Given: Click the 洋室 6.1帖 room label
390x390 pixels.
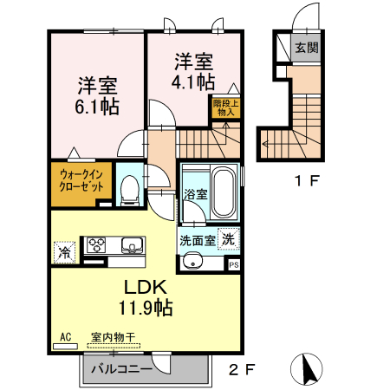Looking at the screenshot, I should pyautogui.click(x=97, y=96).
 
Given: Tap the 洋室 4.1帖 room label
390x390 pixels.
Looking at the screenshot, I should pyautogui.click(x=194, y=72).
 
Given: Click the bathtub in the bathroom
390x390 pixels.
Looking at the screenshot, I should pyautogui.click(x=223, y=192).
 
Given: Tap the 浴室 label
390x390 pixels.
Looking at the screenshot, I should pyautogui.click(x=195, y=194).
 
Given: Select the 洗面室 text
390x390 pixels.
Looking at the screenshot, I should pyautogui.click(x=196, y=239).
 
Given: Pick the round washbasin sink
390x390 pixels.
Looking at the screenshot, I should pyautogui.click(x=193, y=261).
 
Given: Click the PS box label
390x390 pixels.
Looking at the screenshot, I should pyautogui.click(x=234, y=265).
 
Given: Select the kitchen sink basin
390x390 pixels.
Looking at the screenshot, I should pyautogui.click(x=133, y=244).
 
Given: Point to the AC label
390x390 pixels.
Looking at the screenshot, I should pyautogui.click(x=65, y=337).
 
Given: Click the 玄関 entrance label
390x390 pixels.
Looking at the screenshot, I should pyautogui.click(x=304, y=47).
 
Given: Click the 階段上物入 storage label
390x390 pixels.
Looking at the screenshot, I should pyautogui.click(x=226, y=107).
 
